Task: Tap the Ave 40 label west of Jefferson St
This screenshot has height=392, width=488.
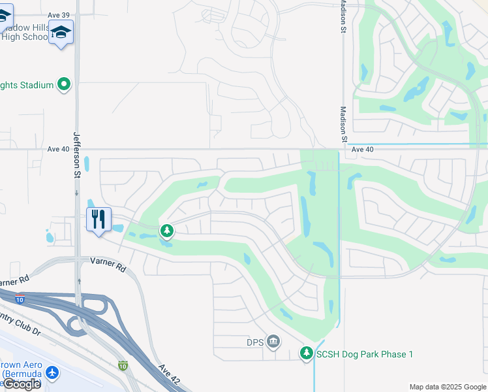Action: click(x=57, y=149)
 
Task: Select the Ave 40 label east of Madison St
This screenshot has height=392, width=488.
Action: click(x=362, y=149)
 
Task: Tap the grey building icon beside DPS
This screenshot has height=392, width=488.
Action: click(x=273, y=341)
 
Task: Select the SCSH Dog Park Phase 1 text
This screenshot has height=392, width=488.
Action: click(x=365, y=354)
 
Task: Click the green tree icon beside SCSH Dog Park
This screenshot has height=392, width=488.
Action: click(x=306, y=353)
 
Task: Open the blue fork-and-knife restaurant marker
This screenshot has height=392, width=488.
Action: click(x=99, y=220)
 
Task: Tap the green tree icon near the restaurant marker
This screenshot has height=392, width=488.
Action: click(x=167, y=231)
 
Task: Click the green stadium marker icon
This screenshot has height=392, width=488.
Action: click(x=64, y=84)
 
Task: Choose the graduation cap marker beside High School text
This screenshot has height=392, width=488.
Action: click(x=61, y=33)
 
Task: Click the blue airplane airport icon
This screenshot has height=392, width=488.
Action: click(x=52, y=373)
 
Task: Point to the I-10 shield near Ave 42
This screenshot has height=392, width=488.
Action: click(x=123, y=366)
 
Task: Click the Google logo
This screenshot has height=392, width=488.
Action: click(x=22, y=384)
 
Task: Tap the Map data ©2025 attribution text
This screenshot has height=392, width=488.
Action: click(x=447, y=387)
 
